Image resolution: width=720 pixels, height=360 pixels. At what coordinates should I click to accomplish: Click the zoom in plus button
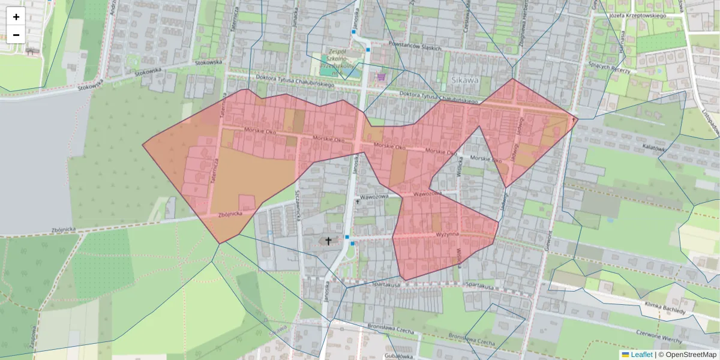pyautogui.click(x=16, y=17)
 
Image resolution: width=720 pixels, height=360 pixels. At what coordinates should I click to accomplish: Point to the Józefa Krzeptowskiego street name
pyautogui.click(x=637, y=15)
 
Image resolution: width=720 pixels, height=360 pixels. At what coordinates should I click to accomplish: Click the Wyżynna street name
pyautogui.click(x=447, y=233)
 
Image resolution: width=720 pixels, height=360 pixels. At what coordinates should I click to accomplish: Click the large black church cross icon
pyautogui.click(x=328, y=241)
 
